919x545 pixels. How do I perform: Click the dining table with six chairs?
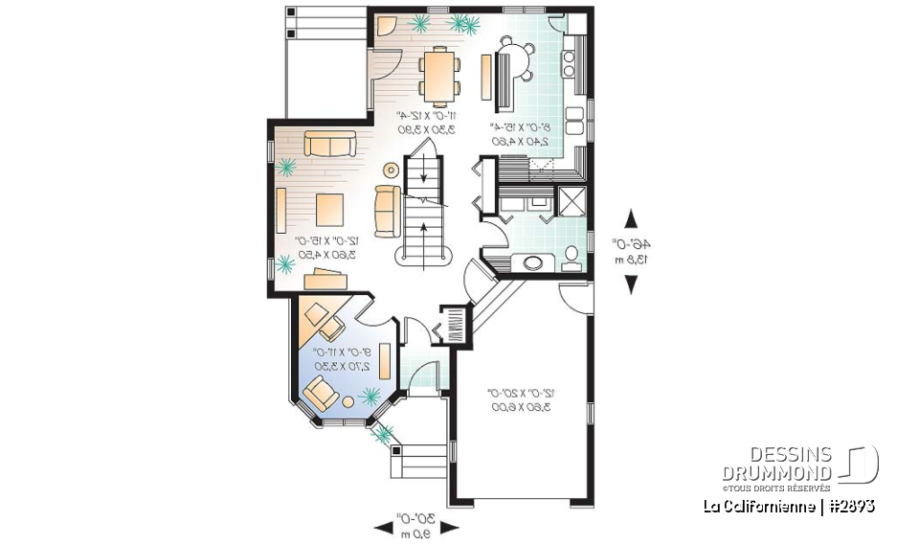point(439,76)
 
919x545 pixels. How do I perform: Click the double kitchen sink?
point(575,121)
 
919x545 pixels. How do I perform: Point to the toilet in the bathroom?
point(572,255)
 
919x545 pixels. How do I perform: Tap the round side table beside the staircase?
point(391,170)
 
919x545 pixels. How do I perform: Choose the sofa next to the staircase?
point(388,211)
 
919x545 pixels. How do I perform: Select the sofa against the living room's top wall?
point(328,145)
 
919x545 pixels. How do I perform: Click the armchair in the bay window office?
point(321,391)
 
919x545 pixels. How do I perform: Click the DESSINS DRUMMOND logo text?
point(776,464)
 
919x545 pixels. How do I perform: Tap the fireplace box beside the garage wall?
point(453,325)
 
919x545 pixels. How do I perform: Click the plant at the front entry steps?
point(386,435)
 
